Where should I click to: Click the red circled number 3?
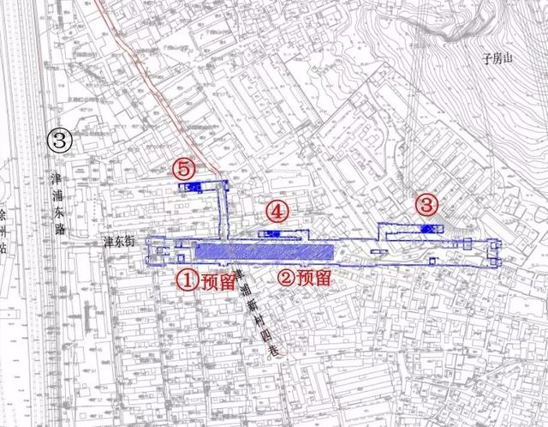[x=426, y=205]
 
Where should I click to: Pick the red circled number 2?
[x=284, y=278]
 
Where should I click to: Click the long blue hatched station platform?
[x=263, y=250]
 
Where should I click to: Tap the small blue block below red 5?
[x=188, y=186]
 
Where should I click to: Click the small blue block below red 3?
[x=428, y=226]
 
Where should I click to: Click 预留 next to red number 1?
[x=217, y=280]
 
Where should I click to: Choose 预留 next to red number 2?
[x=315, y=278]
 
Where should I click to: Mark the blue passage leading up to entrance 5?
[x=226, y=210]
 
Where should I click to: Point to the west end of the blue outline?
[x=150, y=251]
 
